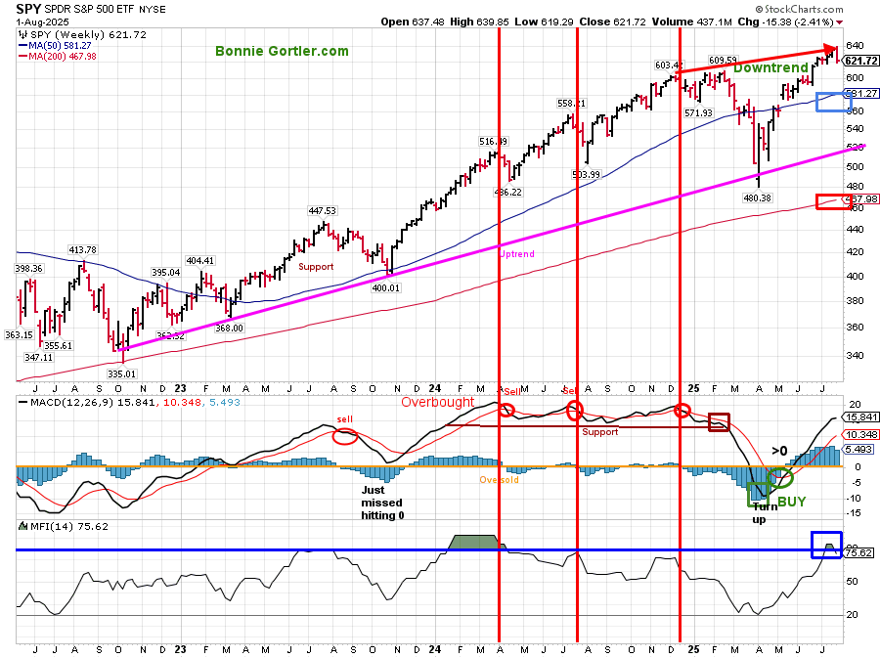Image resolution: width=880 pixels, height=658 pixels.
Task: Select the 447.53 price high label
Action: pyautogui.click(x=322, y=210)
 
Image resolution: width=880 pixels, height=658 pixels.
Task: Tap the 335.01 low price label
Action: pyautogui.click(x=122, y=373)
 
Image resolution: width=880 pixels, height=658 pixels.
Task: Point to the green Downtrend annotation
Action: pyautogui.click(x=770, y=68)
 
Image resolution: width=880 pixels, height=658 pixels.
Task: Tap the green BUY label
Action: pyautogui.click(x=792, y=500)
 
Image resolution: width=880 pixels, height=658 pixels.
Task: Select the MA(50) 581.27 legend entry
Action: pyautogui.click(x=61, y=46)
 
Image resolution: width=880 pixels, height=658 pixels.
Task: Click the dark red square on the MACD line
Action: pyautogui.click(x=719, y=422)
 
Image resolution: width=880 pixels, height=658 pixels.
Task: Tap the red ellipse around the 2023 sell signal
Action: pyautogui.click(x=344, y=436)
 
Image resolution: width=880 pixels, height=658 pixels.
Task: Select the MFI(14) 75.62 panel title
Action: pyautogui.click(x=55, y=526)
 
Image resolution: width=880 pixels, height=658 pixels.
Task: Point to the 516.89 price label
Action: pyautogui.click(x=493, y=142)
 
